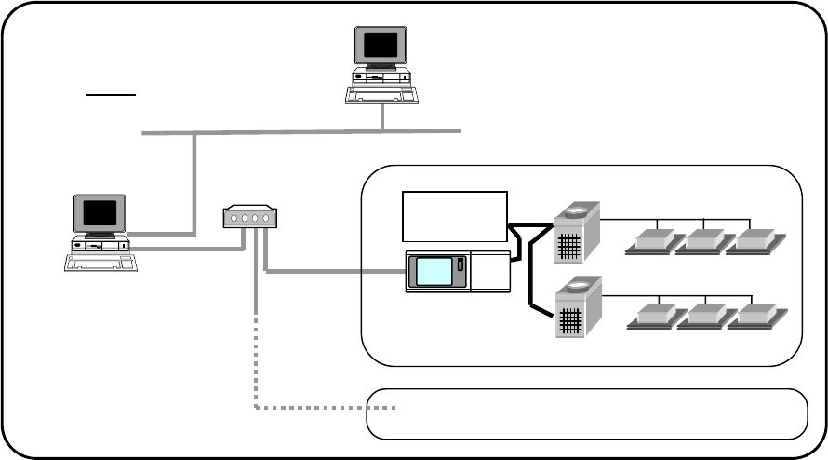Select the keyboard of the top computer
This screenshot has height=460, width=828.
tap(382, 95)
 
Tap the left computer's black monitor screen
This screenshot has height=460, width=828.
tap(100, 214)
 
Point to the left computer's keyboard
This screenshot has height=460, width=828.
tap(99, 262)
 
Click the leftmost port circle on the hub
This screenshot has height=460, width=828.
tap(233, 219)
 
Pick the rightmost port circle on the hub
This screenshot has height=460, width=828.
tap(266, 219)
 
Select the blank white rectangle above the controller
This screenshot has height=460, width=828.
tap(454, 214)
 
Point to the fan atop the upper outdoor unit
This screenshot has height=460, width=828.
tap(577, 211)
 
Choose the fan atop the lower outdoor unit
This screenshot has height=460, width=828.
tap(577, 285)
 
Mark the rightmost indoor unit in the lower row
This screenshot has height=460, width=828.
tap(755, 317)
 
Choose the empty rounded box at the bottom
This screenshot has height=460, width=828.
tap(586, 413)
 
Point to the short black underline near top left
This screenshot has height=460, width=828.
tap(112, 95)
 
